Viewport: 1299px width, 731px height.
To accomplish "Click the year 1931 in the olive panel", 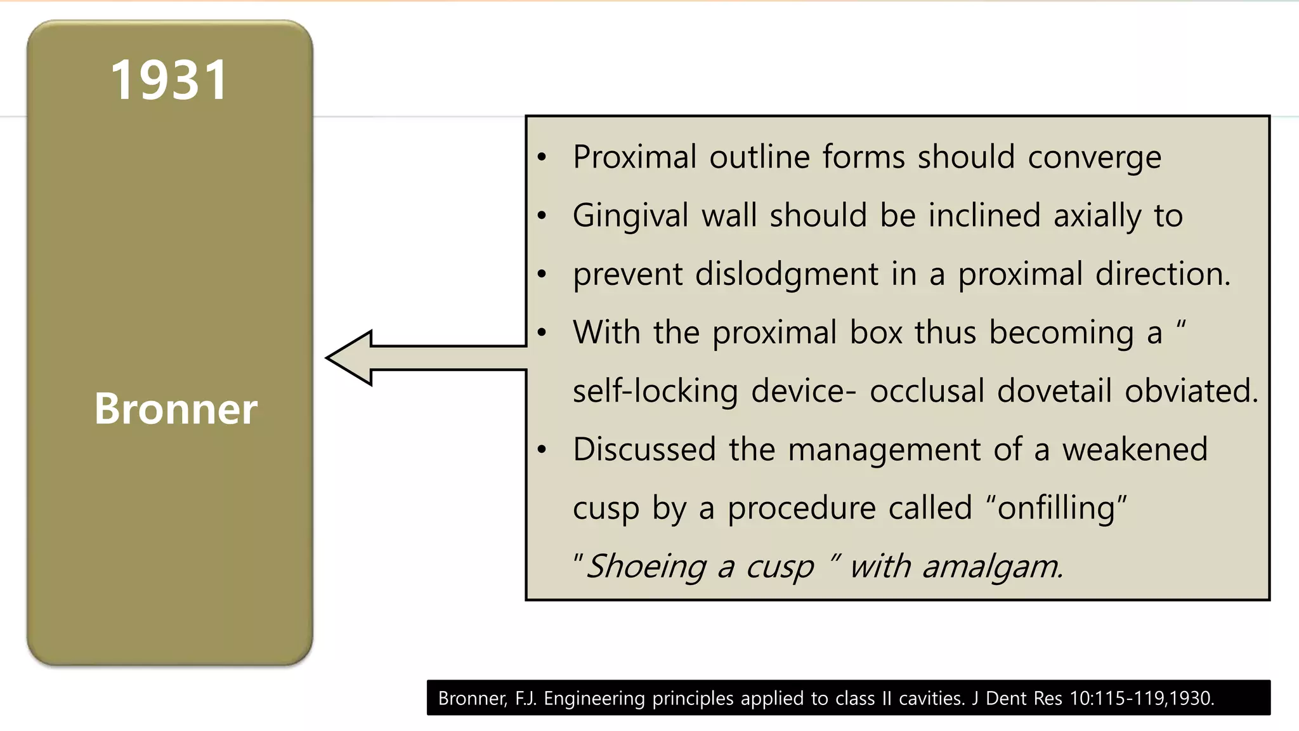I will coord(169,81).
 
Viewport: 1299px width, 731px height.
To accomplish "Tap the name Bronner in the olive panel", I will coord(176,409).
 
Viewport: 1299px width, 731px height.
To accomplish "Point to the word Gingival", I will coord(630,216).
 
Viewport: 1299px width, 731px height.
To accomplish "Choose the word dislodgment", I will coord(787,275).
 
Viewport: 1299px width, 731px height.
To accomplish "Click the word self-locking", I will coord(655,392).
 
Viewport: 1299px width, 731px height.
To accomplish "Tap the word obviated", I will coord(1191,391).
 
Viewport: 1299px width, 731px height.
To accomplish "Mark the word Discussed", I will coord(644,449).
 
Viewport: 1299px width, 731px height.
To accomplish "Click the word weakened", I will coord(1135,449).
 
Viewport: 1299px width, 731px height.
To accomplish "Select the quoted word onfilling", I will coord(1055,508).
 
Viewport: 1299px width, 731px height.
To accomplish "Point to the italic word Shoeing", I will coord(645,567).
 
